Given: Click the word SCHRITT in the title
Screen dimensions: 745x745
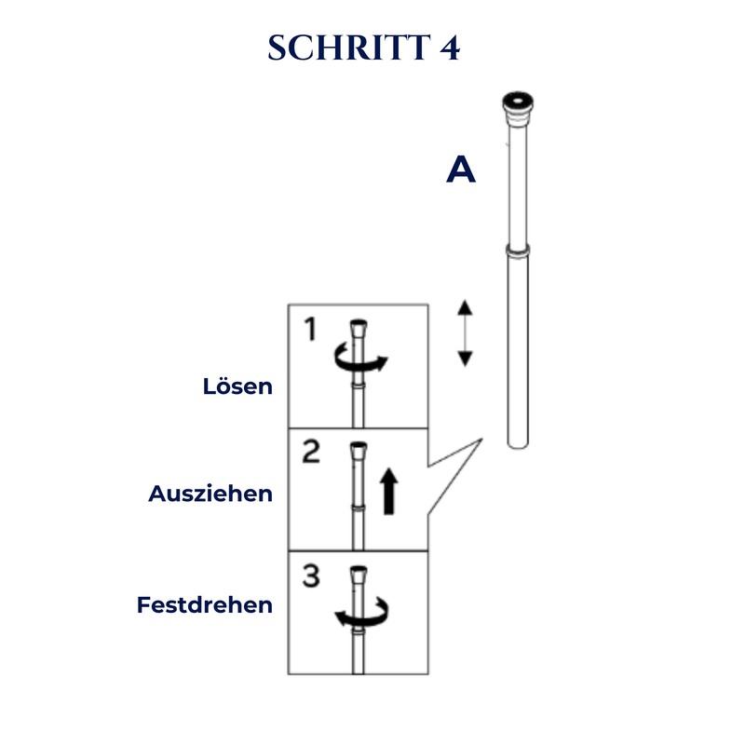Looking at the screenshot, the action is coord(349,48).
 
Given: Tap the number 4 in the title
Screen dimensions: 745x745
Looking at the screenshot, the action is coord(450,48).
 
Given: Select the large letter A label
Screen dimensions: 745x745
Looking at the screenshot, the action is coord(461,169).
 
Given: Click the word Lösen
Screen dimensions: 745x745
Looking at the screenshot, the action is coord(237,386).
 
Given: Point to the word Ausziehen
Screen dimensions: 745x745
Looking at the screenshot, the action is coord(210,494).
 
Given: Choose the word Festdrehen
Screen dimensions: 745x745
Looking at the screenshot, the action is coord(205,604).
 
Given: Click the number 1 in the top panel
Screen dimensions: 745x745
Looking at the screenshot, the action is coord(311,329).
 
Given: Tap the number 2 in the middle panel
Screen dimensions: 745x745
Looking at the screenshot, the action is coord(311,452).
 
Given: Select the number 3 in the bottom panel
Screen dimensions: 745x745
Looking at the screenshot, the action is coord(311,576).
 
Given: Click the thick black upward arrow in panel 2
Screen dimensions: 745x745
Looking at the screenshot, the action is coord(389,492).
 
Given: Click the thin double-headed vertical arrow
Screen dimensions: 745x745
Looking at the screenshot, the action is coord(465,333).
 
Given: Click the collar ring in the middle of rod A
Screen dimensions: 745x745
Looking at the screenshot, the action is coord(518,251).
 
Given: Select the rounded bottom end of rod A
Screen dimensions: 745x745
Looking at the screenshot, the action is coord(518,444).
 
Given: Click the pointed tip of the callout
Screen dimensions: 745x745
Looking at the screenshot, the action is coord(482,440).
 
